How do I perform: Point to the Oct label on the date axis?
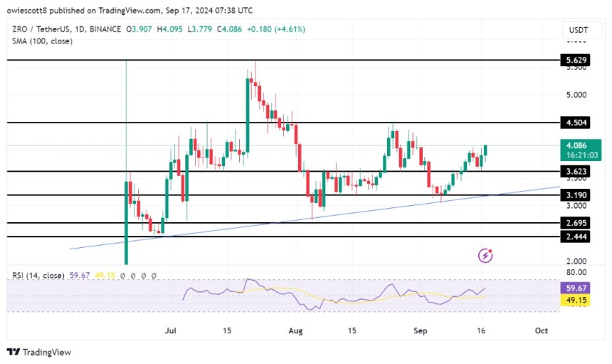coord(541,331)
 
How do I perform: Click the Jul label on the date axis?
coord(170,331)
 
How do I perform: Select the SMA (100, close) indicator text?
coord(43,41)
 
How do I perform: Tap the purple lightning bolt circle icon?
coord(487,254)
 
